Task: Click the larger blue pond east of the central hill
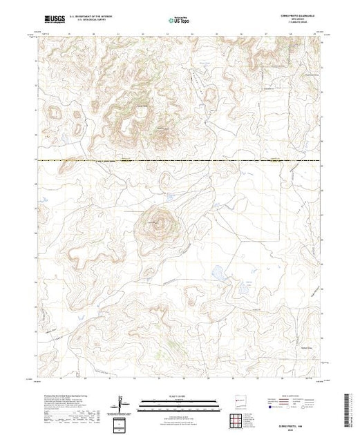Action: pyautogui.click(x=217, y=272)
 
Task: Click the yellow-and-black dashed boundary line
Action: pyautogui.click(x=180, y=161)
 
